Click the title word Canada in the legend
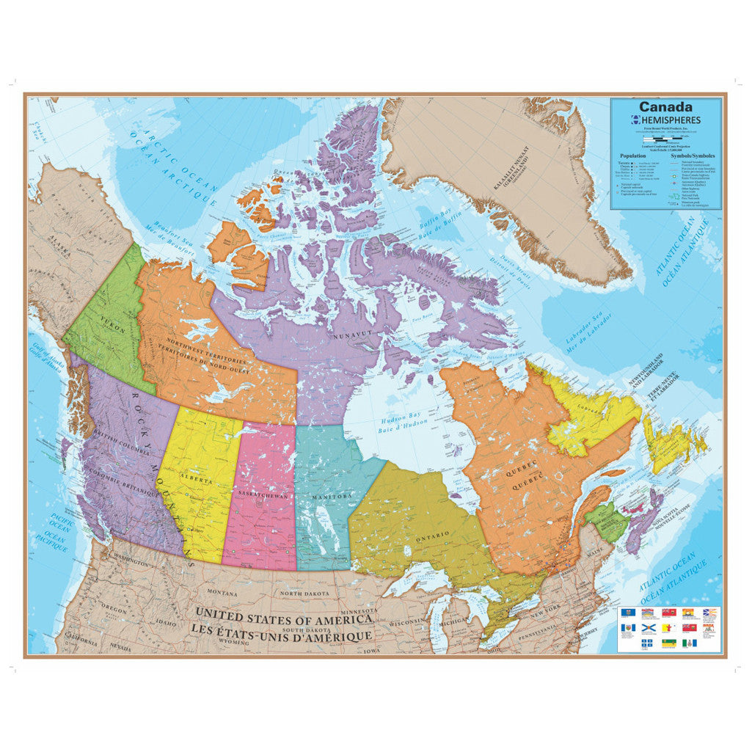(x=665, y=107)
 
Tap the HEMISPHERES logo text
(x=670, y=120)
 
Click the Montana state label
(x=222, y=592)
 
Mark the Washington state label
(x=131, y=561)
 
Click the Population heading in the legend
(x=632, y=156)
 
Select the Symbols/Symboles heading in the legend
(x=693, y=156)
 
